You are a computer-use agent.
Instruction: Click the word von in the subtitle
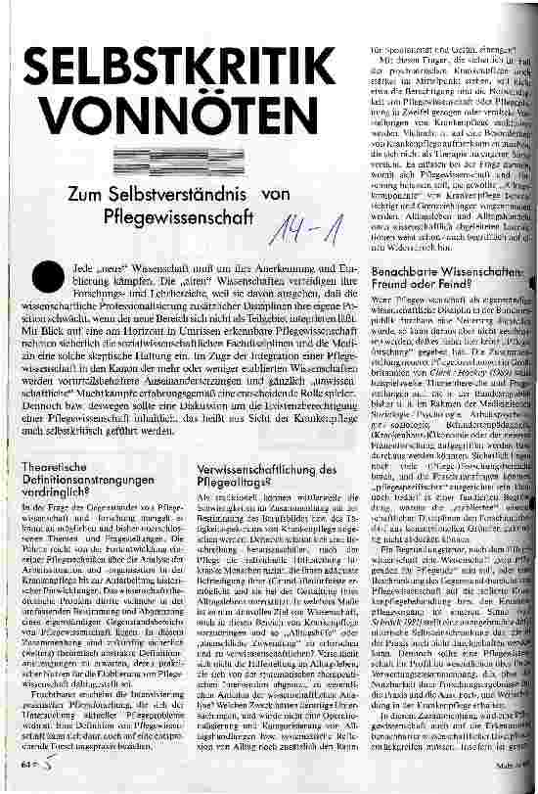pos(278,196)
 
